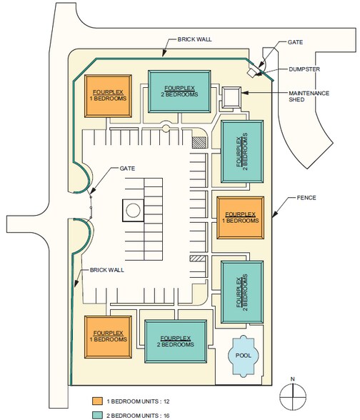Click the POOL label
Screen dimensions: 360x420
coord(243,356)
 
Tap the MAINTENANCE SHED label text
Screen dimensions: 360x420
coord(309,96)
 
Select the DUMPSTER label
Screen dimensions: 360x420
coord(304,69)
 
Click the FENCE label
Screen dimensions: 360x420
coord(306,198)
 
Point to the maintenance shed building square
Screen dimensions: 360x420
coord(231,97)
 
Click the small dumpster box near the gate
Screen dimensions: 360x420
coord(252,72)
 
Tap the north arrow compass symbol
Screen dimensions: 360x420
coord(293,396)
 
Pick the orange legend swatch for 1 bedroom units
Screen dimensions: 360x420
coord(97,401)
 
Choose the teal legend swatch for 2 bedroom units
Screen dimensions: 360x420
coord(97,415)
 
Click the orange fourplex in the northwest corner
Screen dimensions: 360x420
coord(108,96)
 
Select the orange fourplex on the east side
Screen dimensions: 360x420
coord(240,217)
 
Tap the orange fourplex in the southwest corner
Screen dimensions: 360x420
coord(108,337)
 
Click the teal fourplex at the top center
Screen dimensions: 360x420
coord(179,91)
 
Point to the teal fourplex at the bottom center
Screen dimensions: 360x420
coord(176,341)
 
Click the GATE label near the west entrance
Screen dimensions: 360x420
coord(127,169)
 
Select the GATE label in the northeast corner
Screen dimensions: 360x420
coord(295,42)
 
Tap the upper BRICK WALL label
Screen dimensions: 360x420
coord(195,39)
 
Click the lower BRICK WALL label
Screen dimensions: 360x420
coord(107,270)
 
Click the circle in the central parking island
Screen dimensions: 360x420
coord(133,210)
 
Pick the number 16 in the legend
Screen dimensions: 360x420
coord(166,416)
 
